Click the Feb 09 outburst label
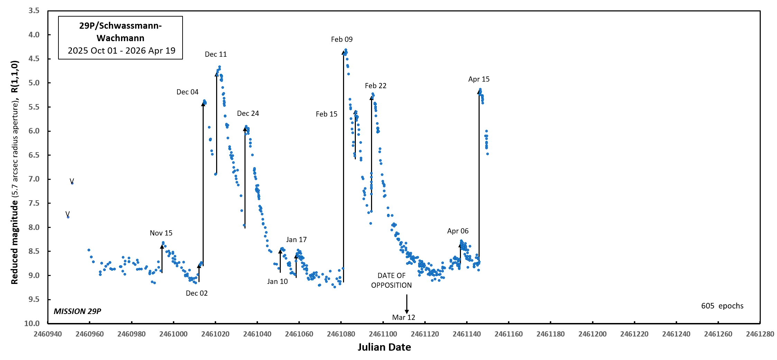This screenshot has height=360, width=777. pyautogui.click(x=342, y=39)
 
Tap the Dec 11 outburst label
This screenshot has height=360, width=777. pyautogui.click(x=216, y=54)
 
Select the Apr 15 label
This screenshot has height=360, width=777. pyautogui.click(x=479, y=79)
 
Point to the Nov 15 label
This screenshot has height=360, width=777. pyautogui.click(x=161, y=233)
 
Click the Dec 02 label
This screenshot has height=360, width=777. pyautogui.click(x=197, y=293)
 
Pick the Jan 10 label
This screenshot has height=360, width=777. pyautogui.click(x=277, y=281)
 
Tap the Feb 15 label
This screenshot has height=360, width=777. pyautogui.click(x=326, y=114)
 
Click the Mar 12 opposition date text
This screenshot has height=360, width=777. pyautogui.click(x=404, y=317)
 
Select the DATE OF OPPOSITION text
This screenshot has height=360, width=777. pyautogui.click(x=391, y=280)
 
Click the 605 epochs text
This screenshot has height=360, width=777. pyautogui.click(x=722, y=306)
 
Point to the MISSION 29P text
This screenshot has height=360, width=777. pyautogui.click(x=77, y=311)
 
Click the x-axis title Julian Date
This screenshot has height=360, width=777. pyautogui.click(x=384, y=347)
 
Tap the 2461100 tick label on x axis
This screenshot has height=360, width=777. pyautogui.click(x=383, y=334)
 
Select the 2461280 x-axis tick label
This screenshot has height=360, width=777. pyautogui.click(x=760, y=334)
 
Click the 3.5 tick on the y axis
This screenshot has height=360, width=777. pyautogui.click(x=34, y=11)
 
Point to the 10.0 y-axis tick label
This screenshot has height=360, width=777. pyautogui.click(x=32, y=323)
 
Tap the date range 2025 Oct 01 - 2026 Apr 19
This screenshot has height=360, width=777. pyautogui.click(x=121, y=51)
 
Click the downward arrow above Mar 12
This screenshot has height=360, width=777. pyautogui.click(x=407, y=304)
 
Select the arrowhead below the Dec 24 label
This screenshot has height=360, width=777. pyautogui.click(x=245, y=129)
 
